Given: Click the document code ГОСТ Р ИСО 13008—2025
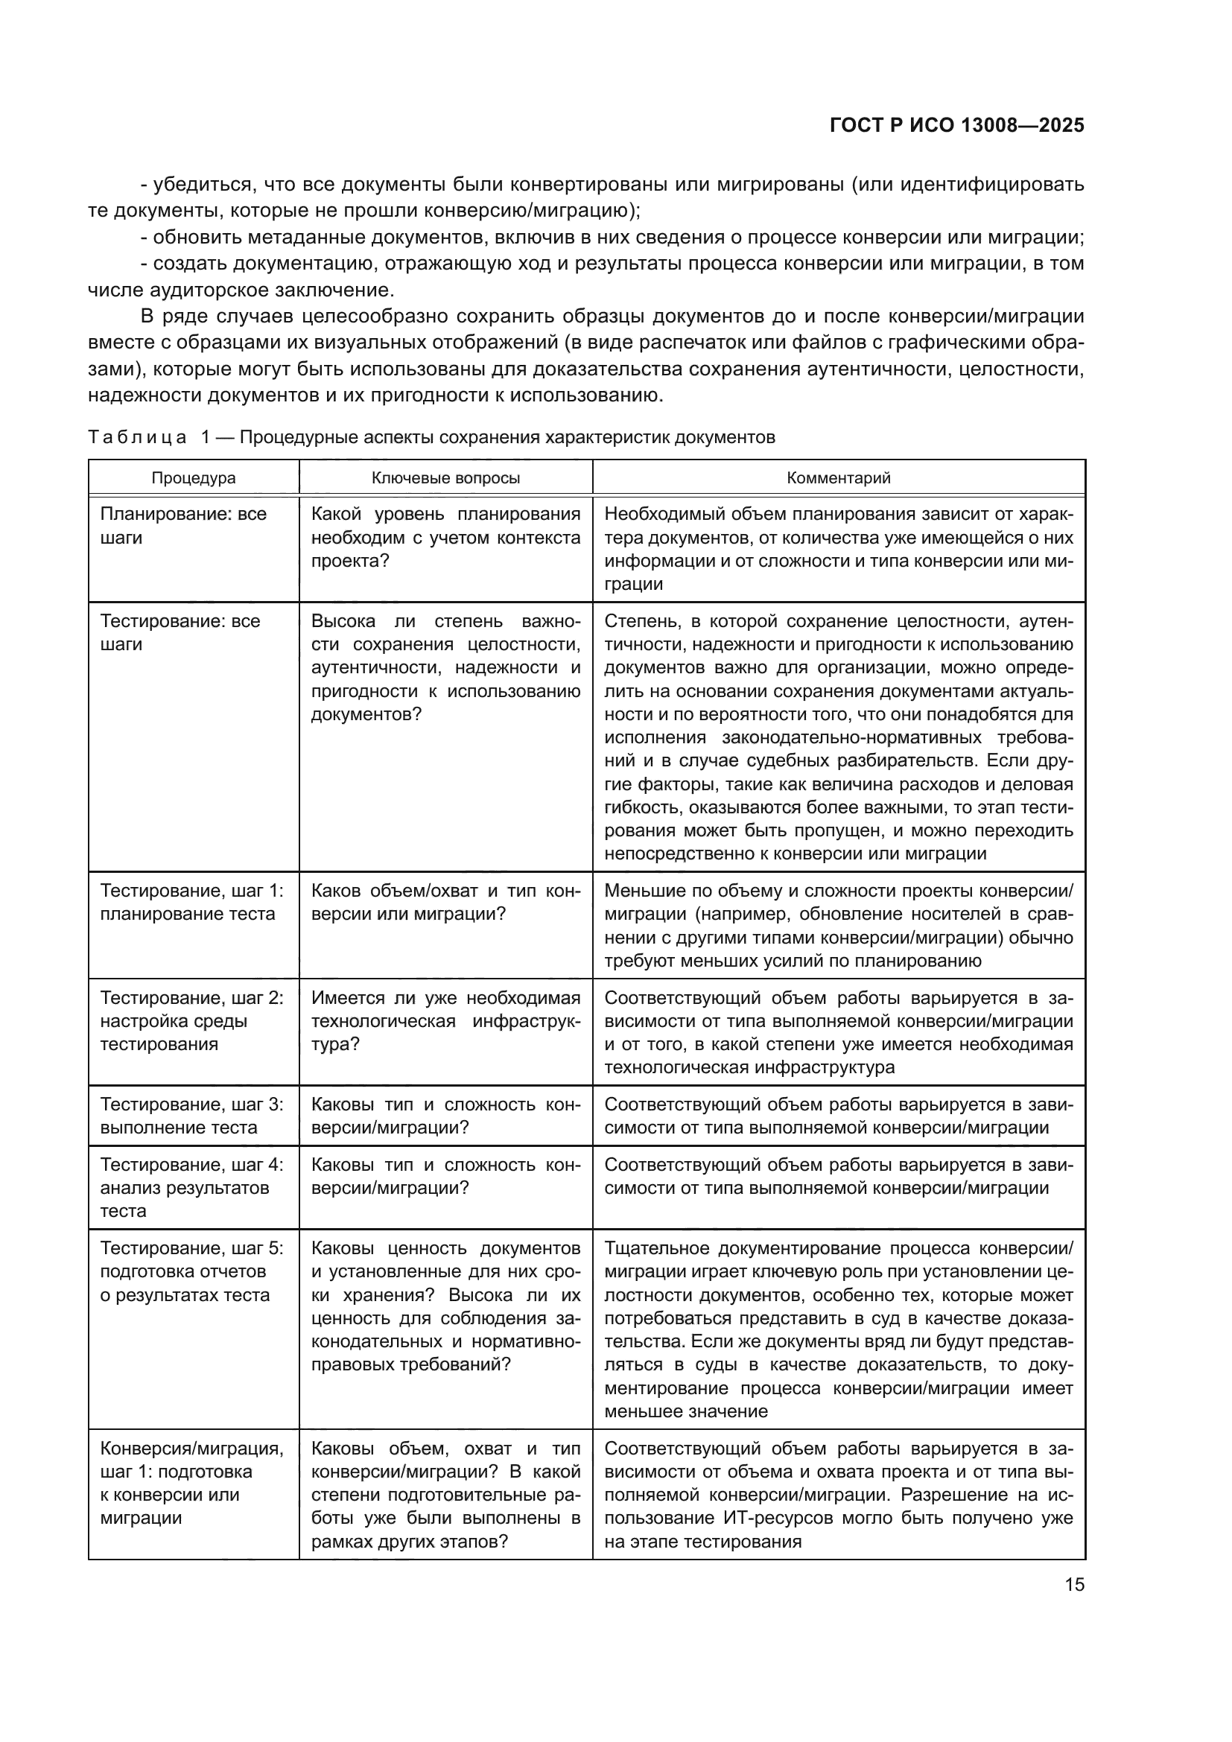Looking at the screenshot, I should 956,125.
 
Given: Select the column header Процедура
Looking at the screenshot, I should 194,478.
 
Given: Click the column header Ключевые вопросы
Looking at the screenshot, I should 445,478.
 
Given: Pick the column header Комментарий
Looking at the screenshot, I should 838,478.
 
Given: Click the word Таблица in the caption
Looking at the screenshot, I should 137,438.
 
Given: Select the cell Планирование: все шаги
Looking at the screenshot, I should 182,525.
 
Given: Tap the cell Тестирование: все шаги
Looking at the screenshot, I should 180,632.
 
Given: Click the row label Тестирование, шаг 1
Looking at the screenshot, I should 191,891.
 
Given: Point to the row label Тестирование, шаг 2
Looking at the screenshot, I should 191,998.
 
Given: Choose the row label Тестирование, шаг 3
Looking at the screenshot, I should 191,1104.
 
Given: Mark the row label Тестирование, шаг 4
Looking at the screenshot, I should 191,1165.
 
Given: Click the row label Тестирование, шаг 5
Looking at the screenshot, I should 191,1248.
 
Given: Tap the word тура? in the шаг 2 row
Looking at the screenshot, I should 335,1044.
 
